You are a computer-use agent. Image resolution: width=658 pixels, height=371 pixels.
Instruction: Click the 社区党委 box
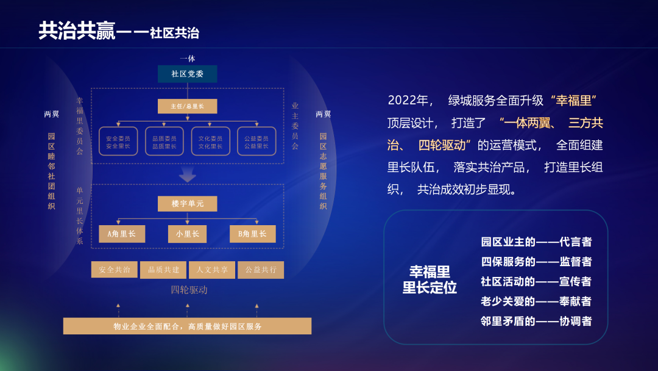click(x=187, y=74)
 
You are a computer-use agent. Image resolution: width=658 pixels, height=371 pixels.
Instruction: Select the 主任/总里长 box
click(x=187, y=106)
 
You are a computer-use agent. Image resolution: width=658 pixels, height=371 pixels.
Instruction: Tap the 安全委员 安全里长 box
click(x=118, y=142)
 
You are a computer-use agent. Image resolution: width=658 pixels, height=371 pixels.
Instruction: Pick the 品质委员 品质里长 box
click(x=164, y=142)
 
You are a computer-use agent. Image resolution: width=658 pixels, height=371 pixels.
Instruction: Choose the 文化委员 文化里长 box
click(x=210, y=142)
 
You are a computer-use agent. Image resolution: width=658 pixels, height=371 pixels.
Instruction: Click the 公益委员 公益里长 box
click(x=256, y=142)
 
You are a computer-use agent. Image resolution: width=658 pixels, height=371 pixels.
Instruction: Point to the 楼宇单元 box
click(x=187, y=204)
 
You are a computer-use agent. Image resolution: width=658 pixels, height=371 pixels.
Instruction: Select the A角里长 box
click(x=122, y=234)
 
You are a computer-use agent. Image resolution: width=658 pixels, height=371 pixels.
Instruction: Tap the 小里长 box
click(x=187, y=234)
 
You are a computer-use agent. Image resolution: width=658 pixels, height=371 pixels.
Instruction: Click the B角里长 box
click(x=252, y=234)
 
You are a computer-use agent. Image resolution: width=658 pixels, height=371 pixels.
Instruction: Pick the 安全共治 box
click(x=115, y=270)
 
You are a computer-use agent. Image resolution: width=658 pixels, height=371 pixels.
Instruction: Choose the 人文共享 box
click(x=212, y=270)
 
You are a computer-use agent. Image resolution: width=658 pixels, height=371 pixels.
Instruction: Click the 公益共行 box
click(x=261, y=270)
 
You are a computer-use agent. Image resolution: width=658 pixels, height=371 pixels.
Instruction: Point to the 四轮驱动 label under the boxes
click(x=189, y=290)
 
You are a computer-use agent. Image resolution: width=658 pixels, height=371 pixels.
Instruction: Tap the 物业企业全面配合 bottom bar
click(x=187, y=326)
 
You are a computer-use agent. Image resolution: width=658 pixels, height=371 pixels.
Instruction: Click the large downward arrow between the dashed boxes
click(x=188, y=175)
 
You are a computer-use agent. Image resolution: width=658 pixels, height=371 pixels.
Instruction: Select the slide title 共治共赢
click(x=77, y=31)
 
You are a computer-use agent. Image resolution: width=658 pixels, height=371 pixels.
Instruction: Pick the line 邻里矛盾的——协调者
click(x=536, y=321)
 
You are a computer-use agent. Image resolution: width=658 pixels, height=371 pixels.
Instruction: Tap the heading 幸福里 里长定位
click(x=430, y=279)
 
